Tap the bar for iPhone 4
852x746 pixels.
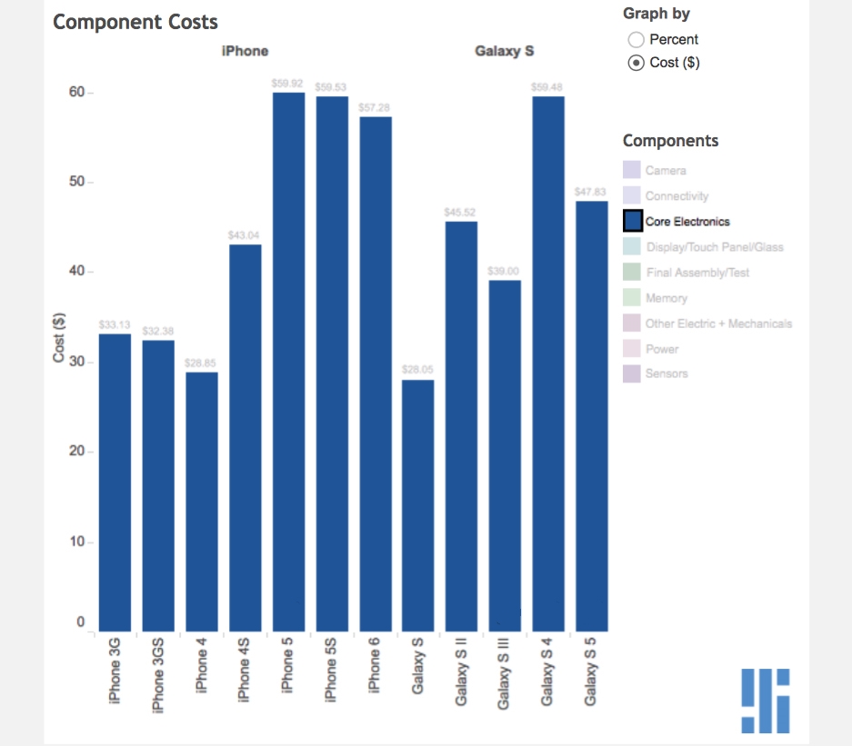click(202, 501)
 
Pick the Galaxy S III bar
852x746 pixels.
click(505, 455)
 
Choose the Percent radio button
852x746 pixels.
click(636, 39)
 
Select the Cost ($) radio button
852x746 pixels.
click(636, 63)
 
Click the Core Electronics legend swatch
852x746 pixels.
click(632, 221)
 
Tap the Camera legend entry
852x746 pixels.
click(666, 170)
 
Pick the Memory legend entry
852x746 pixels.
click(666, 298)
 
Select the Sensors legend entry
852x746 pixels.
click(666, 373)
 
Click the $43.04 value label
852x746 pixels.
click(245, 235)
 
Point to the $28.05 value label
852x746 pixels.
click(418, 370)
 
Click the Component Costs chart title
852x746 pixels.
click(135, 22)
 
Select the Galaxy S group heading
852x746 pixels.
click(504, 51)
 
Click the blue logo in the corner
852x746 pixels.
click(765, 701)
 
